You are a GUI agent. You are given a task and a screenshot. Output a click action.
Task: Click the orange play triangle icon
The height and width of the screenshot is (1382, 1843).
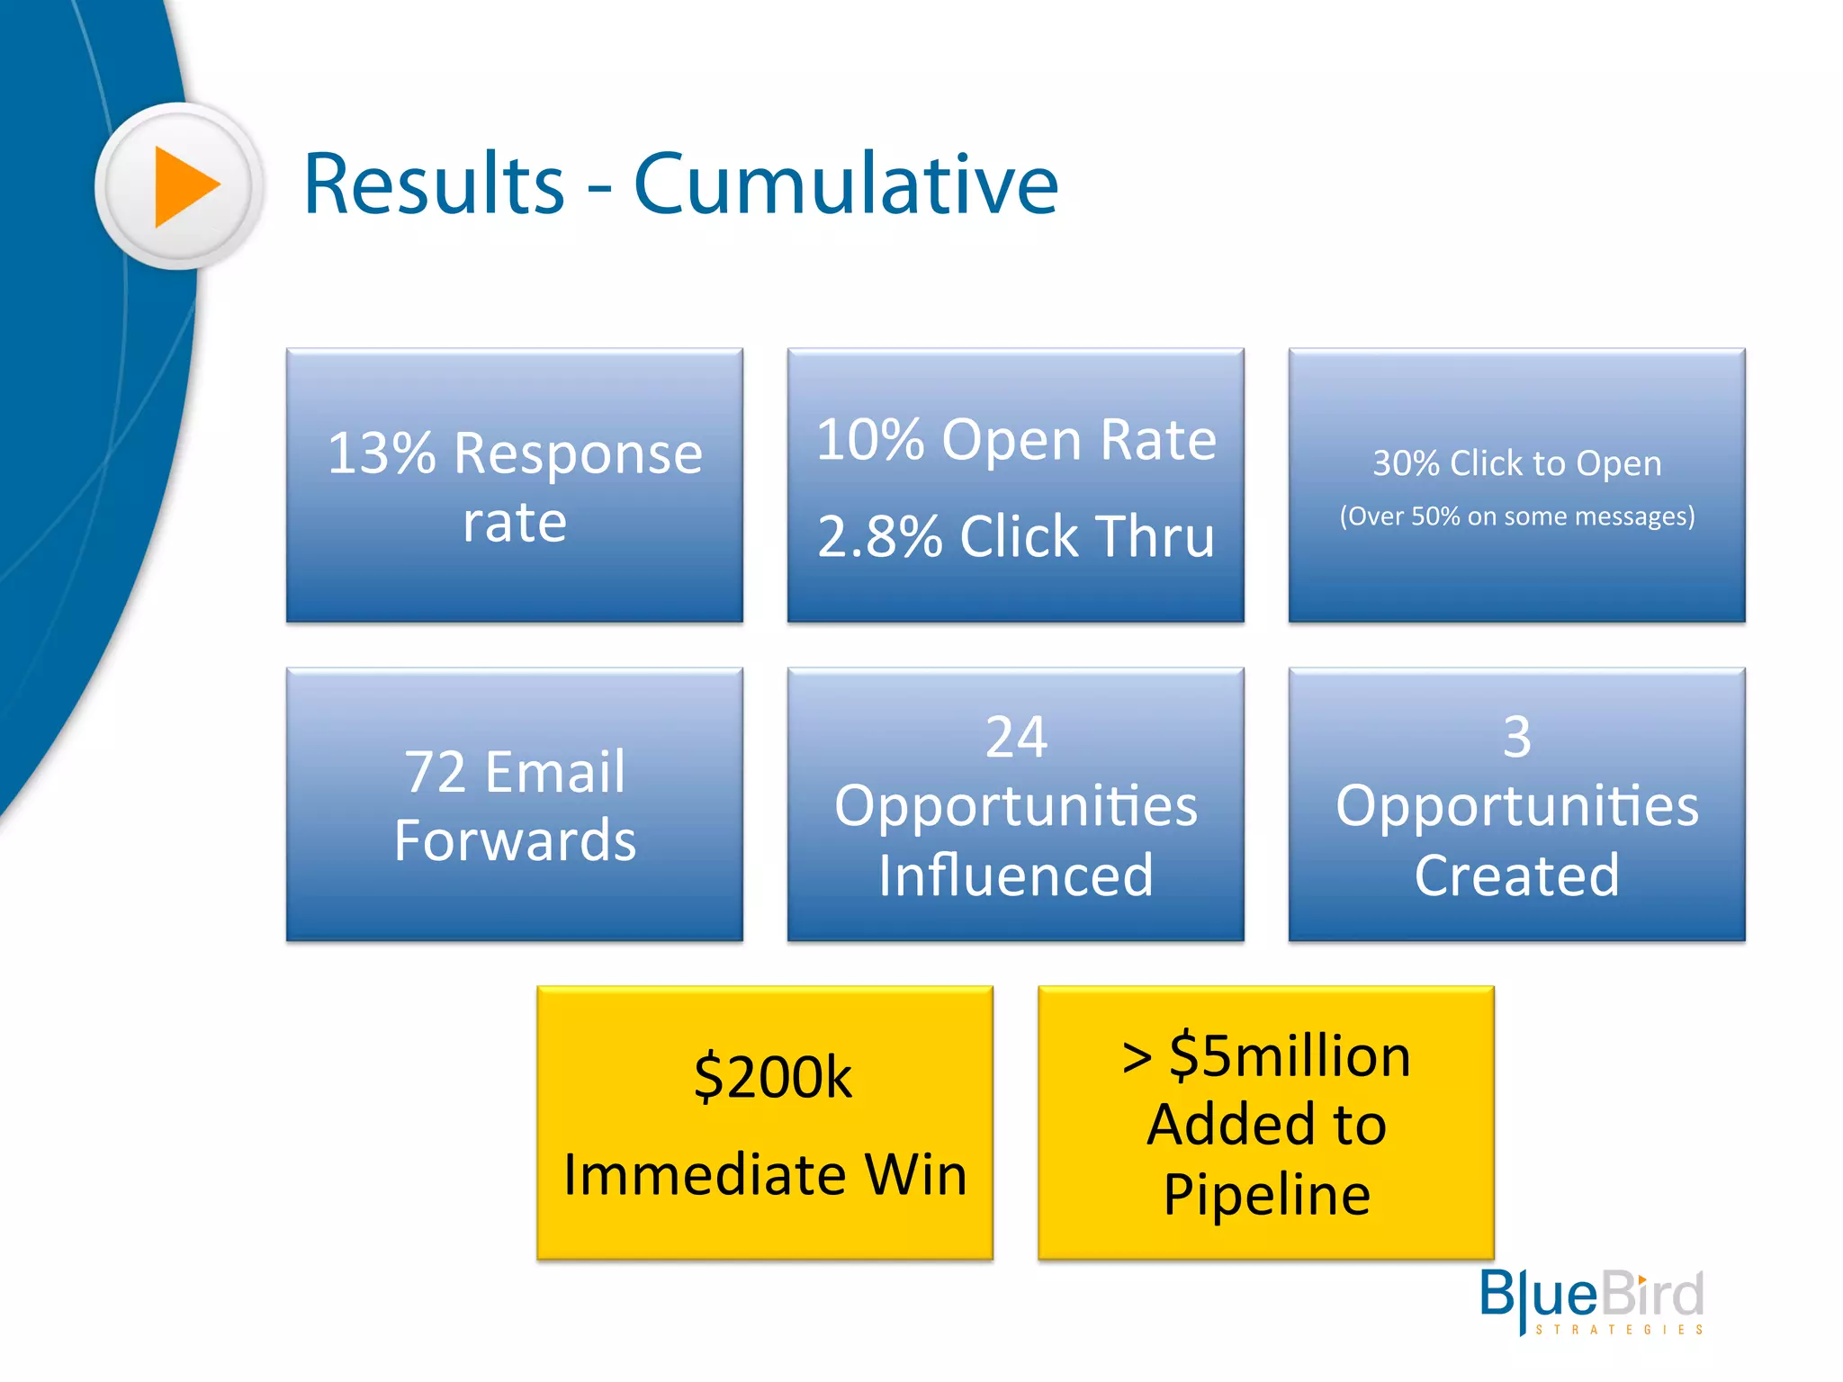tap(185, 186)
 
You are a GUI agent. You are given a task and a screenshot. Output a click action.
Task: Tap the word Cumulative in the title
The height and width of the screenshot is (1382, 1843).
tap(845, 184)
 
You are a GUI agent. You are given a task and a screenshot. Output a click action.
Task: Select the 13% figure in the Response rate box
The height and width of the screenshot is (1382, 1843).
tap(382, 453)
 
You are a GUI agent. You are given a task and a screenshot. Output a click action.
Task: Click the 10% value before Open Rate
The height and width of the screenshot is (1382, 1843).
tap(869, 441)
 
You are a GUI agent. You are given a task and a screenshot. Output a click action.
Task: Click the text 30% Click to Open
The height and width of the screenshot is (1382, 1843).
tap(1516, 463)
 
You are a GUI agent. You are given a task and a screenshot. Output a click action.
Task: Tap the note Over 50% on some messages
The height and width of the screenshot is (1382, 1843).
tap(1516, 516)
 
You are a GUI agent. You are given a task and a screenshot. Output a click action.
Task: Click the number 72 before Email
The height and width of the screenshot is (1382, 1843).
tap(435, 772)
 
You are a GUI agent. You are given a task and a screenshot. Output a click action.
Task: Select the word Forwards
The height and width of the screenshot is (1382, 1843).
tap(515, 841)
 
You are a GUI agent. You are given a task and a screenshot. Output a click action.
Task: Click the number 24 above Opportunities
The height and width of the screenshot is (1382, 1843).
tap(1015, 738)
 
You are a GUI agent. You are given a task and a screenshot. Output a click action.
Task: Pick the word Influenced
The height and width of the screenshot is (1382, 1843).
tap(1015, 875)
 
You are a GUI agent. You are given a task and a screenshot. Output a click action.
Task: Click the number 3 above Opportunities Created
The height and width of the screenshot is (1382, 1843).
tap(1516, 738)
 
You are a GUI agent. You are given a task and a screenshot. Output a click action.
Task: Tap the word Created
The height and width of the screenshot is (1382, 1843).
tap(1516, 875)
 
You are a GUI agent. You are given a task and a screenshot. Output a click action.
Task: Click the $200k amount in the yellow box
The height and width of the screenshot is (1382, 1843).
tap(772, 1077)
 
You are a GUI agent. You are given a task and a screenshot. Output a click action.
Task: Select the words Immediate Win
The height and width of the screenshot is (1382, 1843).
tap(765, 1175)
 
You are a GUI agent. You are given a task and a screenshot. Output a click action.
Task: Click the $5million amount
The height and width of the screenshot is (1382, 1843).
tap(1289, 1056)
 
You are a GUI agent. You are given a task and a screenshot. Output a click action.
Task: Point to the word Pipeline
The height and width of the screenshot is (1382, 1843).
tap(1266, 1195)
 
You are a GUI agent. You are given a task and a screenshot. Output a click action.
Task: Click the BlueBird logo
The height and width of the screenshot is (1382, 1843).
tap(1591, 1296)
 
